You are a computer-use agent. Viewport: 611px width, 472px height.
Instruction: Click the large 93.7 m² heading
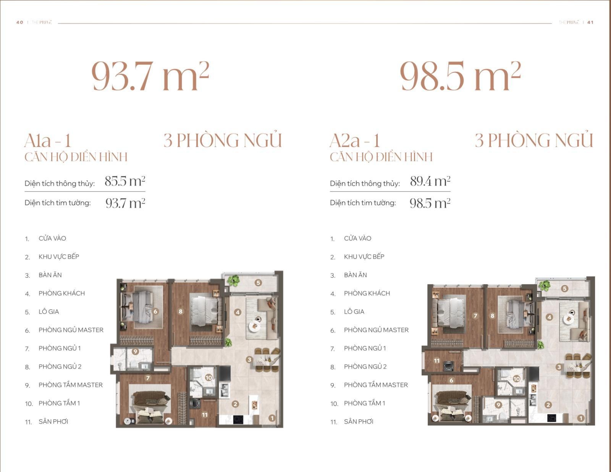point(150,76)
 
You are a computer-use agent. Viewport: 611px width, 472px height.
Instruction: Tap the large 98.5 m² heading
point(460,76)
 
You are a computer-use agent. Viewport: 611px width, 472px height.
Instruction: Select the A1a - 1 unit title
point(48,140)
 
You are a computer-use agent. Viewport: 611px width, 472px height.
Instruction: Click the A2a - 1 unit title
point(355,140)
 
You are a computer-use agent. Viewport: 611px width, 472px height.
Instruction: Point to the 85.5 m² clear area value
point(125,181)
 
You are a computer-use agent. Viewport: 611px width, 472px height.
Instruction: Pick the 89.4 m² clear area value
point(430,181)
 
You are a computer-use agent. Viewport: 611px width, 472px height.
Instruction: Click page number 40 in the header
point(20,22)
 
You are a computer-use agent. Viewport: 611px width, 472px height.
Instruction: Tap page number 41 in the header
point(590,22)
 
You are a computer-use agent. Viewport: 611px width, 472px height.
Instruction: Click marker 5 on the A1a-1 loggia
point(258,283)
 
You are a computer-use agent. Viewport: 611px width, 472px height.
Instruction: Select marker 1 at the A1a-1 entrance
point(272,418)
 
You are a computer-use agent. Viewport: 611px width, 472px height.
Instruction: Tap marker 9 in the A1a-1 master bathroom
point(135,351)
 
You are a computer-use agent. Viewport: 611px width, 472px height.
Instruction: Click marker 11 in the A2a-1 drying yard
point(436,361)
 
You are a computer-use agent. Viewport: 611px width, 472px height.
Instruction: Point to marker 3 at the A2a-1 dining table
point(559,367)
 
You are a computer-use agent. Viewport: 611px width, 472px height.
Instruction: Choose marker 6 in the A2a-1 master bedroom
point(451,380)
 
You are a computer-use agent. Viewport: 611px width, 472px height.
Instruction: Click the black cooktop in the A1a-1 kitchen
point(238,420)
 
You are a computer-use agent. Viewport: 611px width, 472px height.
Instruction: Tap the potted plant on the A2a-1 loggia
point(544,286)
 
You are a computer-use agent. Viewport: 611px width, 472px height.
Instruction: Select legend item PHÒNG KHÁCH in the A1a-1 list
point(61,294)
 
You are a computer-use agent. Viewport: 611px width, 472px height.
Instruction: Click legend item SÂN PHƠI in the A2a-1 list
point(359,422)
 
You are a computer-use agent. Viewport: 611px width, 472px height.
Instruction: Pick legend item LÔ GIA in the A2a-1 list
point(354,311)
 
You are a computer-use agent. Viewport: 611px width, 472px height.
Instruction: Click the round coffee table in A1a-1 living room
point(254,326)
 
